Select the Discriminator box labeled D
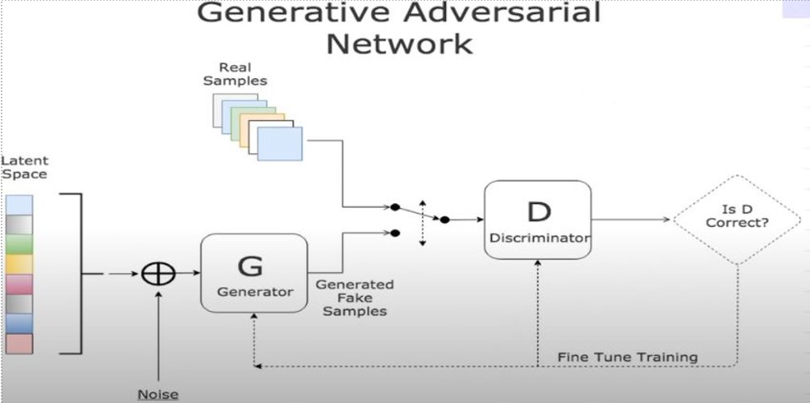(x=538, y=220)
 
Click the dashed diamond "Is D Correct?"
(x=737, y=219)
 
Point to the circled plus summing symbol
(x=158, y=274)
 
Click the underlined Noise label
(x=159, y=394)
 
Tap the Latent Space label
(x=24, y=167)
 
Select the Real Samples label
(x=235, y=75)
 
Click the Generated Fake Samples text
(x=355, y=297)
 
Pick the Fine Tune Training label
(x=628, y=357)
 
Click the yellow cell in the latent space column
(x=19, y=264)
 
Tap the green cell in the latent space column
(x=19, y=244)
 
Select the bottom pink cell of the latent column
(x=19, y=344)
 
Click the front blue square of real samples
(x=279, y=144)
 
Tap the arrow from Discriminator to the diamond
(x=631, y=220)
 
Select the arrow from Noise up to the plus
(x=159, y=333)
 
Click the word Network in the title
(x=399, y=44)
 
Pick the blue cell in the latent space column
(x=19, y=323)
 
